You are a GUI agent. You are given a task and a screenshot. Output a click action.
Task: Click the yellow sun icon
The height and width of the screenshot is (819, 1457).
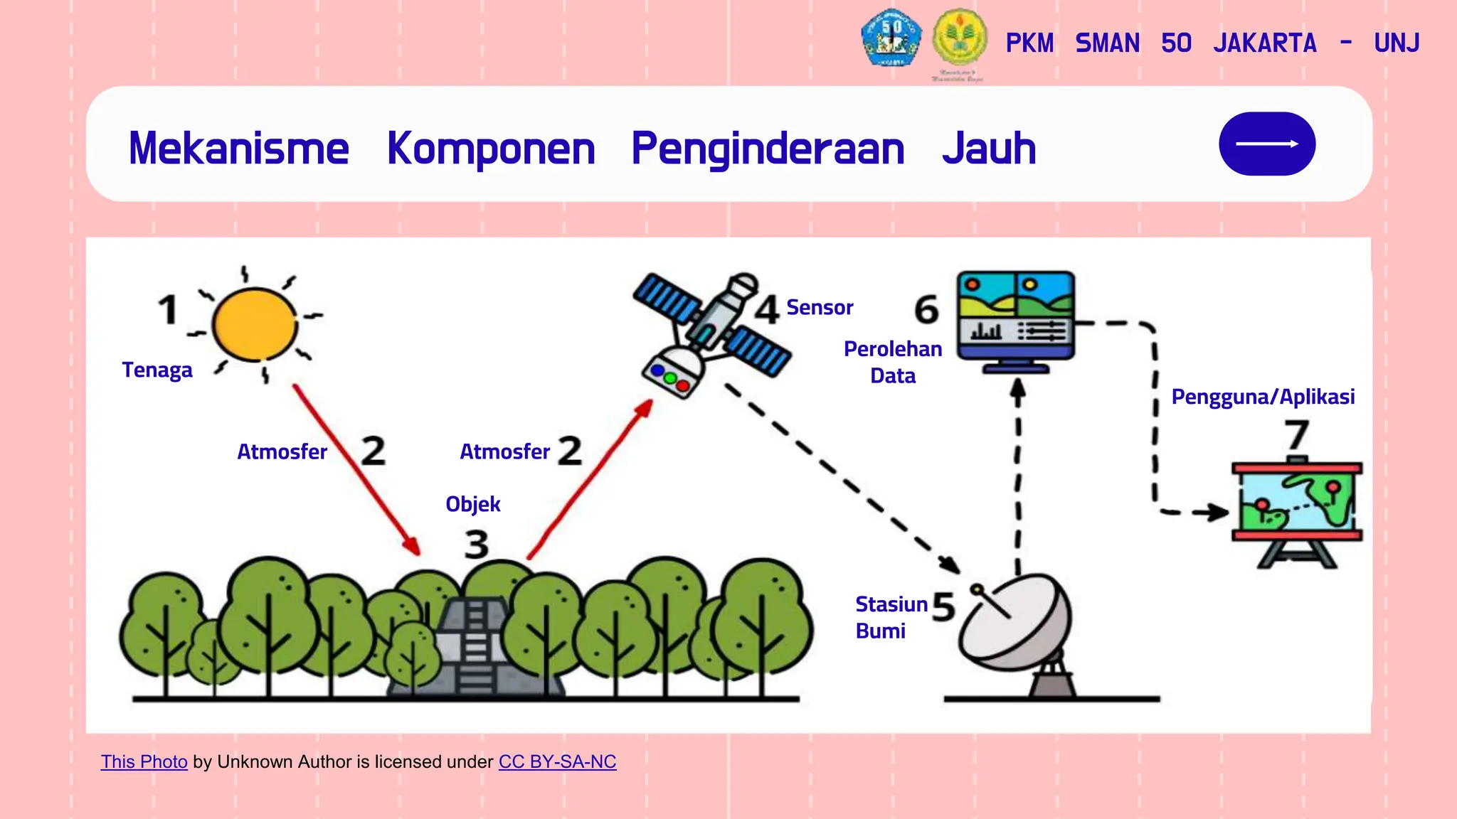click(255, 324)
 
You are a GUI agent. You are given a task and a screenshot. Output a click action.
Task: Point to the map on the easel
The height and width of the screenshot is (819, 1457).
click(1296, 502)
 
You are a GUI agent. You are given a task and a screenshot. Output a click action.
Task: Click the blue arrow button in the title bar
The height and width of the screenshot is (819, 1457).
click(1266, 144)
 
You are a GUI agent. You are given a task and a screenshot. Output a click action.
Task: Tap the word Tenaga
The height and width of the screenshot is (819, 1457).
click(157, 370)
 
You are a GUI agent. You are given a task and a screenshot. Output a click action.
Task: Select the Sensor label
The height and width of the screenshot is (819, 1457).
click(819, 308)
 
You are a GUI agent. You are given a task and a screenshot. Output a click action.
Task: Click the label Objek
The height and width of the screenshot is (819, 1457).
click(472, 505)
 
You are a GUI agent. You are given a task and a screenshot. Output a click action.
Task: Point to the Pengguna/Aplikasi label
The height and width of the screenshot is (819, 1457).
click(1263, 397)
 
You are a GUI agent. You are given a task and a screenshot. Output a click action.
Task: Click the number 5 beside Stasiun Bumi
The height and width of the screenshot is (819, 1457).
click(943, 606)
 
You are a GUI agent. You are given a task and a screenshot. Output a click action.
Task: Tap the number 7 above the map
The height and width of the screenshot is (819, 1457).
click(1296, 435)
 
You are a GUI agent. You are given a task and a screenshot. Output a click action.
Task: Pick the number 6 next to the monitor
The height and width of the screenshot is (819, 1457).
click(926, 309)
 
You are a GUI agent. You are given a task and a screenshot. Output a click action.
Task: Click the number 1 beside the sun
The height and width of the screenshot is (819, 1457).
click(168, 310)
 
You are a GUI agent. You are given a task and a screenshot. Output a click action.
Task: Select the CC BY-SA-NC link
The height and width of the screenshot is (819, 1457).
click(557, 762)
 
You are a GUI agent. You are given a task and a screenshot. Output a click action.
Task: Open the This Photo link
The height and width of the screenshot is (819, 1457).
click(144, 762)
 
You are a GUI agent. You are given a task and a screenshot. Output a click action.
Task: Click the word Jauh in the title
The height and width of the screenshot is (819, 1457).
click(989, 149)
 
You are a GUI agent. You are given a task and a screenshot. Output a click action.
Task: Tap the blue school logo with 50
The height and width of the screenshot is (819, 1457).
click(891, 38)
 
